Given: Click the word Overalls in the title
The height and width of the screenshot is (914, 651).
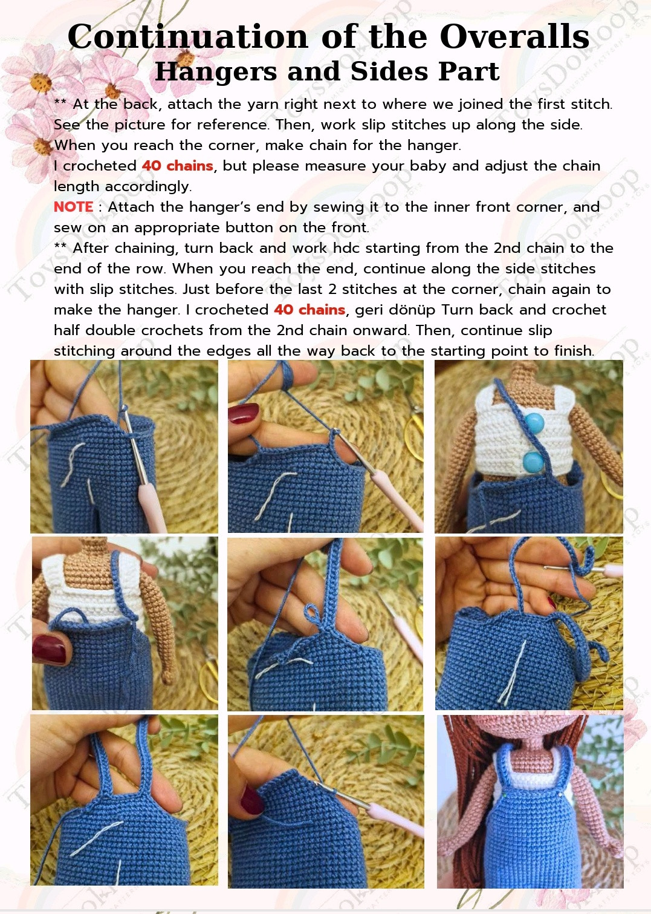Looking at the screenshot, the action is click(x=514, y=36).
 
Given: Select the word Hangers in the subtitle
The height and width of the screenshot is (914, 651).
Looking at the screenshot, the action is click(x=216, y=71).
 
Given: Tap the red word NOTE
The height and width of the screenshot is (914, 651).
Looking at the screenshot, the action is click(x=73, y=207).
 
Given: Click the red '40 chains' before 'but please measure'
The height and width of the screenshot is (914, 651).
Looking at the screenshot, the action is click(x=177, y=166).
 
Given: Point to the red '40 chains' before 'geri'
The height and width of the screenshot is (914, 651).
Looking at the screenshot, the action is click(x=309, y=310).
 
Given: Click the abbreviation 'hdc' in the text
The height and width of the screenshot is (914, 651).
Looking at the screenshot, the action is click(x=346, y=247).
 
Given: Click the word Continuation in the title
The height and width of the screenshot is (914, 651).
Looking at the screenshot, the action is click(x=187, y=36).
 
